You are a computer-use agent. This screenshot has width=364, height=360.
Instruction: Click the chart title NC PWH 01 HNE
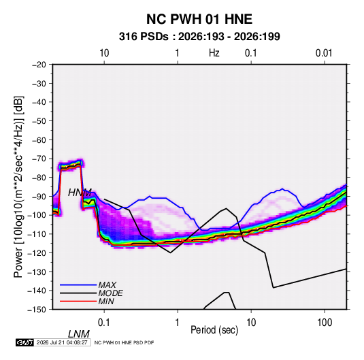click(x=199, y=19)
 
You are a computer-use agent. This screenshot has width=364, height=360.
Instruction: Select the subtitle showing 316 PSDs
click(x=199, y=37)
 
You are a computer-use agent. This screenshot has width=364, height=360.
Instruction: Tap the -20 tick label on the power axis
click(x=39, y=65)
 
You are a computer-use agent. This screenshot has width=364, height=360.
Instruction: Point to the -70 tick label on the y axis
click(x=39, y=159)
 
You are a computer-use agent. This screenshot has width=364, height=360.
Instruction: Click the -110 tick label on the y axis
click(x=37, y=234)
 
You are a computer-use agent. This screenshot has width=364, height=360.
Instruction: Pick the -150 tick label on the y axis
click(x=37, y=310)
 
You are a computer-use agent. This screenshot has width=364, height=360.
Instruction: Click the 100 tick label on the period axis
click(x=325, y=323)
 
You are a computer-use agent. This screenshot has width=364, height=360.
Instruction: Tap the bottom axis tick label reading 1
click(x=178, y=323)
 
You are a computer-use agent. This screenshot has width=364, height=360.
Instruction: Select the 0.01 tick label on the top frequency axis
click(x=324, y=53)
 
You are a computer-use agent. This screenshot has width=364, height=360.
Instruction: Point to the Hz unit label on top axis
click(x=214, y=53)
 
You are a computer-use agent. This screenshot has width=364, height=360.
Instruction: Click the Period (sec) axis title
click(x=214, y=330)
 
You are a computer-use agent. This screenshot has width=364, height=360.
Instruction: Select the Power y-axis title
click(x=18, y=187)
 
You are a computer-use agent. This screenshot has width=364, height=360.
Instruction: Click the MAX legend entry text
click(x=107, y=284)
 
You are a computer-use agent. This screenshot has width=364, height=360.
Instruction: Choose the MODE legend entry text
click(x=110, y=293)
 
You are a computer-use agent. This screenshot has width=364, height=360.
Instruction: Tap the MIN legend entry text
click(x=106, y=301)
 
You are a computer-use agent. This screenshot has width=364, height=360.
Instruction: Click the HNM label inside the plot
click(x=80, y=193)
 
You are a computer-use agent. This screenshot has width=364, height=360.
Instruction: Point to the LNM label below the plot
click(x=79, y=334)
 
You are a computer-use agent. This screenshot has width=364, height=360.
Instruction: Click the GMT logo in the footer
click(x=25, y=342)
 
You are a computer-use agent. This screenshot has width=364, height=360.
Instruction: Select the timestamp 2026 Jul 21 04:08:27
click(x=62, y=342)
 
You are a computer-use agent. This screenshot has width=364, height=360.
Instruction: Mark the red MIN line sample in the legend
click(x=78, y=301)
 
